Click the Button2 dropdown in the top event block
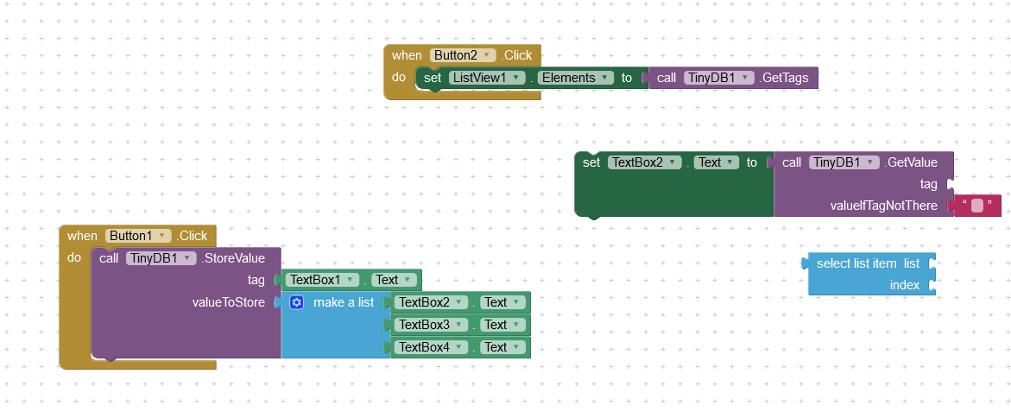pos(463,55)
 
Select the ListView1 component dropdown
pos(488,78)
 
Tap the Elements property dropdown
pos(575,78)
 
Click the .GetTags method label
pos(784,78)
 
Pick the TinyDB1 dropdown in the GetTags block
pos(717,78)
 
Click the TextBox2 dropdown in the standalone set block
pos(645,162)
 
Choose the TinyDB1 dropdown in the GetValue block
pos(844,162)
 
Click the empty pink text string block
pos(977,206)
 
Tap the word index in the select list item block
pos(905,285)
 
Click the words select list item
pos(856,263)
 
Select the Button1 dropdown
pos(138,236)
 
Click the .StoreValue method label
pos(233,258)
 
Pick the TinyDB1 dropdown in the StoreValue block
pos(160,258)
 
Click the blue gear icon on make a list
pos(297,302)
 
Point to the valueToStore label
pos(228,302)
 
